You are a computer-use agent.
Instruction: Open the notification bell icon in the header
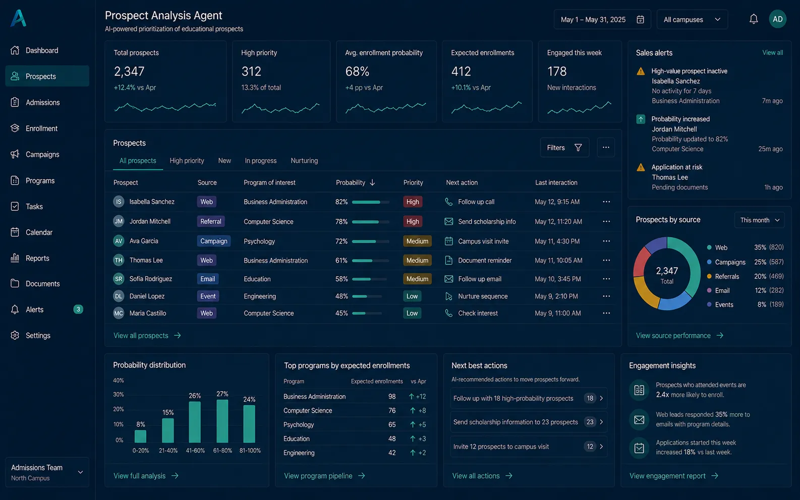click(753, 19)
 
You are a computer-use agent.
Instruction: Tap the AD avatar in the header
click(777, 19)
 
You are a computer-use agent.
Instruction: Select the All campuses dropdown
click(692, 19)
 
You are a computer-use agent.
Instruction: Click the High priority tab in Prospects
click(187, 161)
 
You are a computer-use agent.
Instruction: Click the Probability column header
click(351, 182)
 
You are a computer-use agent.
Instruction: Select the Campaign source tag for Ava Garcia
click(213, 241)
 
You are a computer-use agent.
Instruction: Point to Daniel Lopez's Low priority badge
click(412, 296)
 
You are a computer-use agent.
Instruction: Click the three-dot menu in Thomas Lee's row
click(606, 260)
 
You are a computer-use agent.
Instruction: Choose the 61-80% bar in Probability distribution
click(222, 421)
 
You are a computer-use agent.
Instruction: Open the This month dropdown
click(759, 220)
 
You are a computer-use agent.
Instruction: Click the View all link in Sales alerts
click(772, 52)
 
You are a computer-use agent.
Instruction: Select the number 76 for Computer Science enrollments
click(392, 410)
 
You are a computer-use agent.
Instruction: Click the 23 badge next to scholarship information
click(590, 422)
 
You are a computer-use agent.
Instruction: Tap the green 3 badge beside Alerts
click(78, 309)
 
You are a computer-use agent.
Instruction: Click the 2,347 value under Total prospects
click(129, 72)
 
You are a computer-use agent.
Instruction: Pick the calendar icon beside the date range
click(640, 19)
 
